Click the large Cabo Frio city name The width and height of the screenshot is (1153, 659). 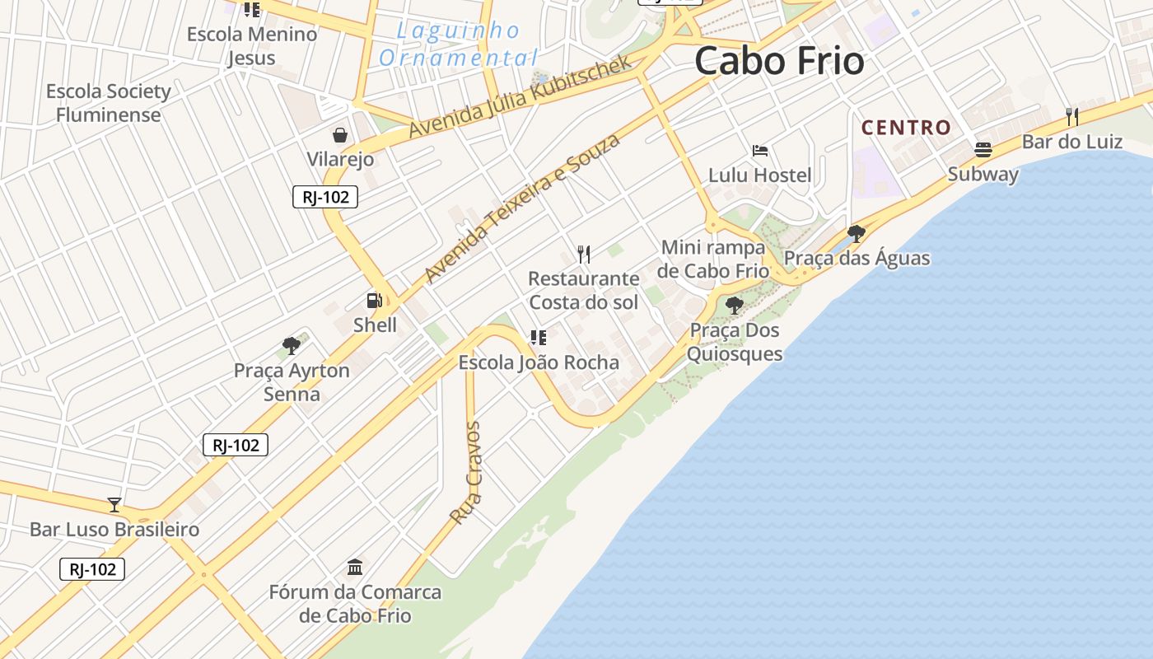tap(779, 62)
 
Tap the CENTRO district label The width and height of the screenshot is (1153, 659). tap(906, 128)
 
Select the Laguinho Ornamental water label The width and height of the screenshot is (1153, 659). tap(458, 44)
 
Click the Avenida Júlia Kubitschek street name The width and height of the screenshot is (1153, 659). tap(520, 96)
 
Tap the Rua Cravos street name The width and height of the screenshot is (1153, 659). tap(466, 474)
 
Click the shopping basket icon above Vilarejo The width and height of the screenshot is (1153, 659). tap(340, 135)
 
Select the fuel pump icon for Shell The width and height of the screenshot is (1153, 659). tap(375, 301)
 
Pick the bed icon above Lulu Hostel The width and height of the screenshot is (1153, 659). tap(760, 151)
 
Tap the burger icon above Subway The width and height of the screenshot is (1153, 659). tap(983, 150)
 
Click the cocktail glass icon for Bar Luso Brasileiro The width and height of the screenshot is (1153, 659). tap(114, 504)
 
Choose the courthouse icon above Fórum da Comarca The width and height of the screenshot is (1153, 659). tap(355, 567)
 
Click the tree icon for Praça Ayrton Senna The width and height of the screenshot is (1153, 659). tap(291, 346)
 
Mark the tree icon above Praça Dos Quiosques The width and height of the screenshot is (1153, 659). tap(734, 306)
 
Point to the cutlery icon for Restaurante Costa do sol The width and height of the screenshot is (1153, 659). tap(584, 254)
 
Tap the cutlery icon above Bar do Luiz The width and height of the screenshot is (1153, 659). tap(1072, 117)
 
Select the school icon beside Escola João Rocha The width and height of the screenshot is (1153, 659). tap(539, 337)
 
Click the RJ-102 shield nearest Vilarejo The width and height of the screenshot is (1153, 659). tap(325, 197)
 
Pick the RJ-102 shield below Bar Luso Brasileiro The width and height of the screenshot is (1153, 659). tap(92, 569)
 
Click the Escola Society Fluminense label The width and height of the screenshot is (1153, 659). tap(108, 103)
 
